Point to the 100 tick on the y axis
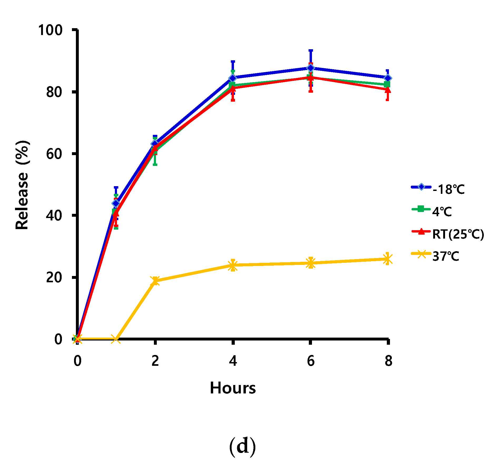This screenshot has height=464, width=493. pos(50,30)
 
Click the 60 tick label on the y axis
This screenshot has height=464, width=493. pos(54,154)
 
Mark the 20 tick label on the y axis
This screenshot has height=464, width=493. pos(54,277)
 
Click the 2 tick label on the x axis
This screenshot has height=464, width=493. pos(155,361)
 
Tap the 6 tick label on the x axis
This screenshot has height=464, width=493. pos(311,361)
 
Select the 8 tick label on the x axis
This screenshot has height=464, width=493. pos(388,361)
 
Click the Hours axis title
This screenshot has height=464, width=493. pos(233,388)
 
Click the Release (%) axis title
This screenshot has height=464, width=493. pos(22,185)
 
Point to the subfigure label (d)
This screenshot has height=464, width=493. pos(242,447)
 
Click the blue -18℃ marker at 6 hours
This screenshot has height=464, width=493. pos(311,68)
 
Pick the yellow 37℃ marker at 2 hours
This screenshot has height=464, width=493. pos(155,281)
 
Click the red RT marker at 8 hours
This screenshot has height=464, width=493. pos(387,90)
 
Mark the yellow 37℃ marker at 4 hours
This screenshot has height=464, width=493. pos(233,265)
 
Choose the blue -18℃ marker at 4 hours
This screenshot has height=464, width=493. pos(233,78)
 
